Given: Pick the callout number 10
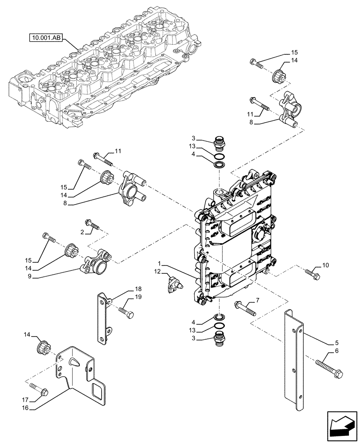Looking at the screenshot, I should tap(325, 266).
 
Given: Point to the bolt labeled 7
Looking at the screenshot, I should tap(246, 308).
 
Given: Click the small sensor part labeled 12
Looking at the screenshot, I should tap(175, 283).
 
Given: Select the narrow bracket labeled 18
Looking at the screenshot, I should tap(104, 319).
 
